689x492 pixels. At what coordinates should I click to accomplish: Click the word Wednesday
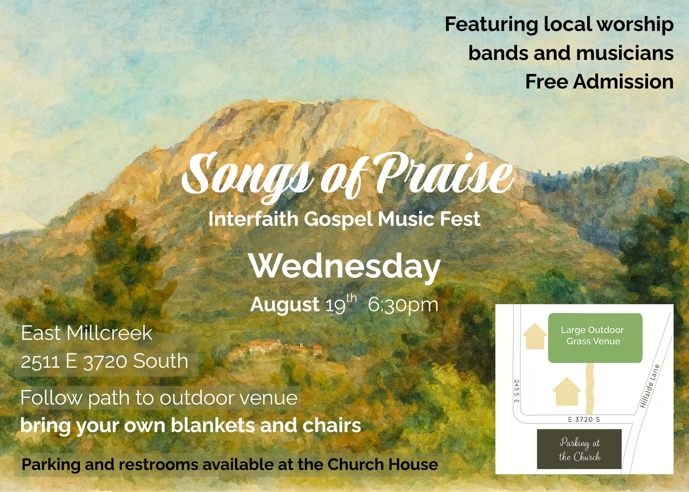click(x=344, y=266)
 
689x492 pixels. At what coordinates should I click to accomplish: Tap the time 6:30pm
click(x=403, y=305)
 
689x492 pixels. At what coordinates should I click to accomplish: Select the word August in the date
click(x=285, y=305)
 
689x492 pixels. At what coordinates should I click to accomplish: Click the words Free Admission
click(x=599, y=82)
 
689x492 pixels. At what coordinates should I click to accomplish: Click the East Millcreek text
click(x=86, y=333)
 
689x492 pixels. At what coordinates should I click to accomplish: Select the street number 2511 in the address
click(x=40, y=361)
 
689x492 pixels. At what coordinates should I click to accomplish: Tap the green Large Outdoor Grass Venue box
click(x=595, y=338)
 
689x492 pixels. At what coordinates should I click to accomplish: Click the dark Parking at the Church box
click(x=579, y=449)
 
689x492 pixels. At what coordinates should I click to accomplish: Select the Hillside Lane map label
click(x=650, y=386)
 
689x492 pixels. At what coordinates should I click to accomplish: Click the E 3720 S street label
click(x=584, y=419)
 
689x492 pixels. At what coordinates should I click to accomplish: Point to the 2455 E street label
click(x=516, y=391)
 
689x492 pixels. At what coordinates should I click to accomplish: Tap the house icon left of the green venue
click(x=535, y=336)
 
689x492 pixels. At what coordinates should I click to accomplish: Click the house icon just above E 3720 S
click(x=567, y=391)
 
